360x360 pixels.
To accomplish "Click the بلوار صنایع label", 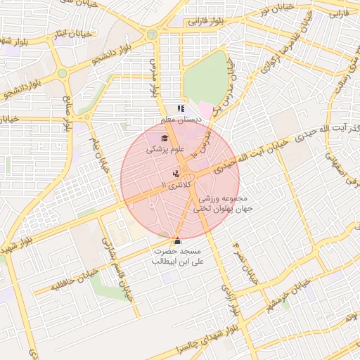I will pyautogui.click(x=68, y=113).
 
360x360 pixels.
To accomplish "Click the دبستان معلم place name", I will pyautogui.click(x=182, y=120).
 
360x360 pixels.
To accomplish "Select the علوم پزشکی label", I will pyautogui.click(x=165, y=150).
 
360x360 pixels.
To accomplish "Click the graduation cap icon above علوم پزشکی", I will pyautogui.click(x=165, y=139).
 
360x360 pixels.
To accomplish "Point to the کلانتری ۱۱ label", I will pyautogui.click(x=175, y=184).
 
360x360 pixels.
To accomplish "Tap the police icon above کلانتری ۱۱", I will pyautogui.click(x=175, y=173).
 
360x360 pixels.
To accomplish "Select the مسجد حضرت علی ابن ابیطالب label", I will pyautogui.click(x=176, y=256).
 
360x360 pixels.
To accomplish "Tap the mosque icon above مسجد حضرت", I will pyautogui.click(x=176, y=240).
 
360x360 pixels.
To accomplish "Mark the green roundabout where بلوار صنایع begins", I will pyautogui.click(x=62, y=72).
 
